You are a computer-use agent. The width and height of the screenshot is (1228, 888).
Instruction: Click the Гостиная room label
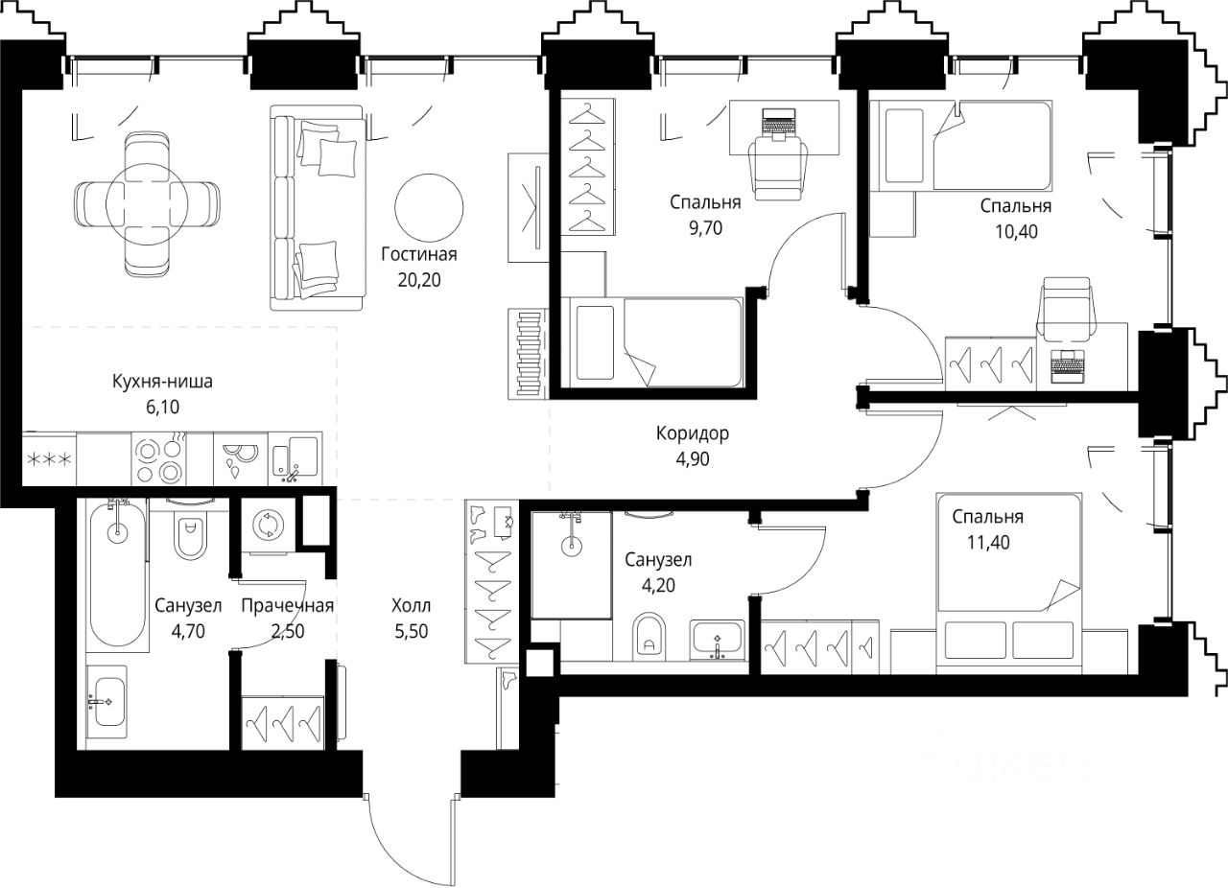[x=419, y=254]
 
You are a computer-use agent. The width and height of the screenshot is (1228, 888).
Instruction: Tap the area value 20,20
[x=419, y=280]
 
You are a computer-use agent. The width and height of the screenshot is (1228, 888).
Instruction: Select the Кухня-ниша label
[x=162, y=381]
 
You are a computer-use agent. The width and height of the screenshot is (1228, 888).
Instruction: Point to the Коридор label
[x=693, y=433]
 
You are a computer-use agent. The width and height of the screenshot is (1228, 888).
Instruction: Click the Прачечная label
[x=287, y=605]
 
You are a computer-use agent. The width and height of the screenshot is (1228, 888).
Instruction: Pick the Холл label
[x=412, y=605]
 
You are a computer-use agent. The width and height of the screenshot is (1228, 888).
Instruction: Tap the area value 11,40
[x=988, y=542]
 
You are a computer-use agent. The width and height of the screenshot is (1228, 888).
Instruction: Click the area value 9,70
[x=705, y=228]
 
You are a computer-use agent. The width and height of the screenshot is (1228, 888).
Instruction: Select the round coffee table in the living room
[x=429, y=208]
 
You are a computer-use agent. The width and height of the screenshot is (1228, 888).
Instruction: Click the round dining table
[x=147, y=204]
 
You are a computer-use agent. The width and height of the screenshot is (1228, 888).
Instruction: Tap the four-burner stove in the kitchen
[x=158, y=458]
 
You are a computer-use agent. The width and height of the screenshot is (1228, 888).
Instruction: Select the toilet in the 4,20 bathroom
[x=649, y=637]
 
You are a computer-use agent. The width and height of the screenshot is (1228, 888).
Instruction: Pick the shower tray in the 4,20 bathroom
[x=571, y=565]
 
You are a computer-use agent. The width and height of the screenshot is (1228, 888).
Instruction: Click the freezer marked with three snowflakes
[x=49, y=458]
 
